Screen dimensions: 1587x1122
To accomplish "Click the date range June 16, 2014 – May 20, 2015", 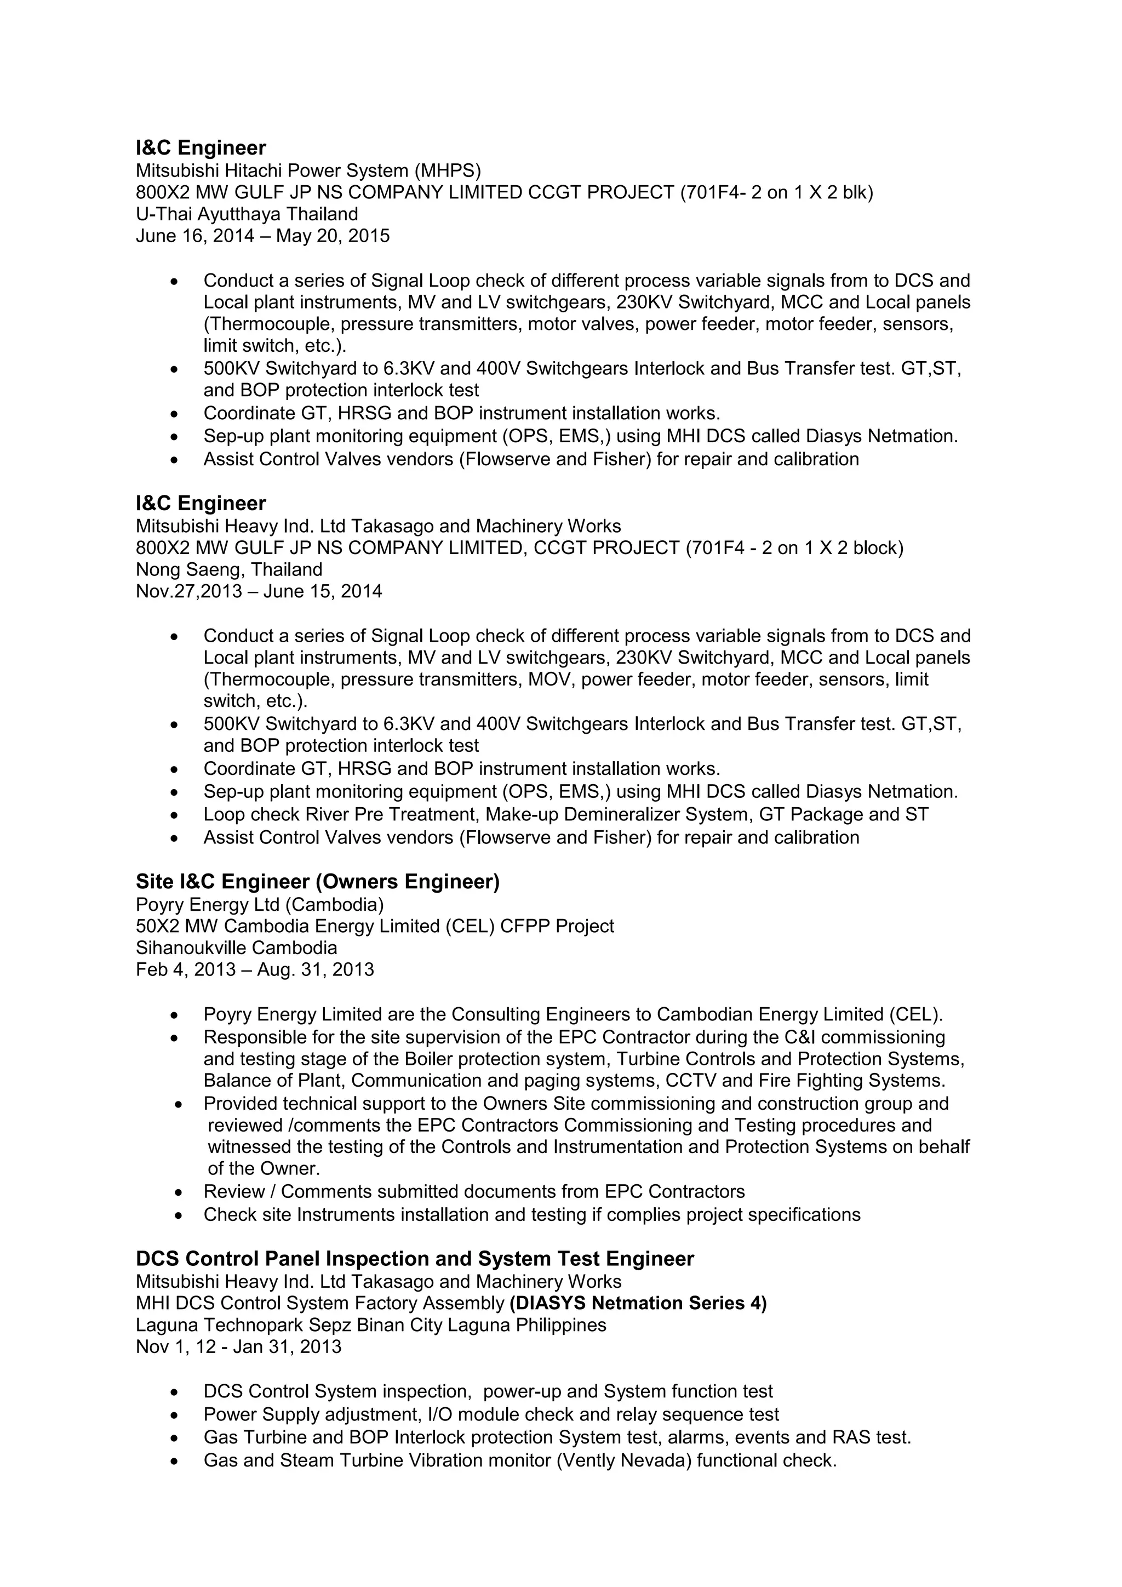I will click(x=262, y=236).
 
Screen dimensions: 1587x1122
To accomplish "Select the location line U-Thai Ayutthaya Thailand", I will click(x=247, y=214).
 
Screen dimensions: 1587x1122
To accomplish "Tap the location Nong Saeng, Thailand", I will click(x=228, y=569).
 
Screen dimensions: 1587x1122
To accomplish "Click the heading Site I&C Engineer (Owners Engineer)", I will click(x=317, y=881).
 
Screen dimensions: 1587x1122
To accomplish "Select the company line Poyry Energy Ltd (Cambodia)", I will click(x=259, y=904).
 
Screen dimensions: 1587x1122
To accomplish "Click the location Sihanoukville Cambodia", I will click(x=236, y=947).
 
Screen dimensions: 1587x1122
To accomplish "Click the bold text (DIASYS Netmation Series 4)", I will click(x=638, y=1303).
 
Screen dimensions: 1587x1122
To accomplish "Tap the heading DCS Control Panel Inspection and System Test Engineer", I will click(x=415, y=1259).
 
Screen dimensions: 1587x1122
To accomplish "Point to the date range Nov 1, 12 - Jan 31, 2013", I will click(x=238, y=1346).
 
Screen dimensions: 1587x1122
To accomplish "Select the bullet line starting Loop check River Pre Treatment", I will click(x=565, y=814).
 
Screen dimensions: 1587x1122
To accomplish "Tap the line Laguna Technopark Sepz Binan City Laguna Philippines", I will click(x=370, y=1325).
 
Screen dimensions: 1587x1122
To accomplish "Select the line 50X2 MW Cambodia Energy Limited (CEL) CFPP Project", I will click(x=375, y=926).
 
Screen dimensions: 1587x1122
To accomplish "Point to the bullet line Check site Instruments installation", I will click(x=531, y=1214).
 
